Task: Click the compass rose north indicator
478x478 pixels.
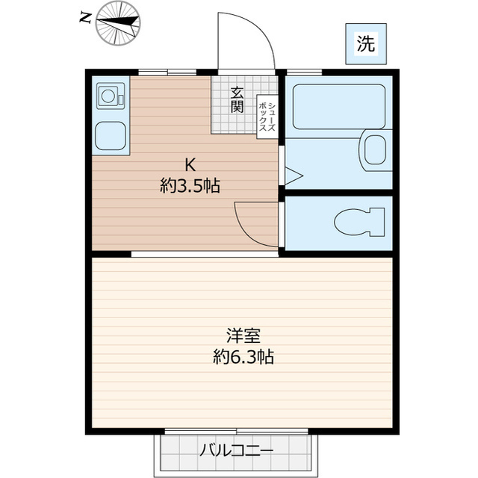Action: coord(118,20)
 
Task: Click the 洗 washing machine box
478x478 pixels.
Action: coord(366,43)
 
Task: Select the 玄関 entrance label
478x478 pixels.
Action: coord(237,99)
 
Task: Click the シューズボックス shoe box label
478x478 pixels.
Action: coord(267,117)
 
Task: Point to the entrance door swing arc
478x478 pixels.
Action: coord(246,41)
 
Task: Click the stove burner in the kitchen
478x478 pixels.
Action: coord(109,96)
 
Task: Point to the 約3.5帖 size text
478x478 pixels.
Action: coord(190,187)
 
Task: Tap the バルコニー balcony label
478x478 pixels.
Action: coord(236,450)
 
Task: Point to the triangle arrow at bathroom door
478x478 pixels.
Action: coord(293,176)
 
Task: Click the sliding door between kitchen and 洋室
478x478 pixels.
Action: coord(205,254)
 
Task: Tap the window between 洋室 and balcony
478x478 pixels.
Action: coord(236,432)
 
